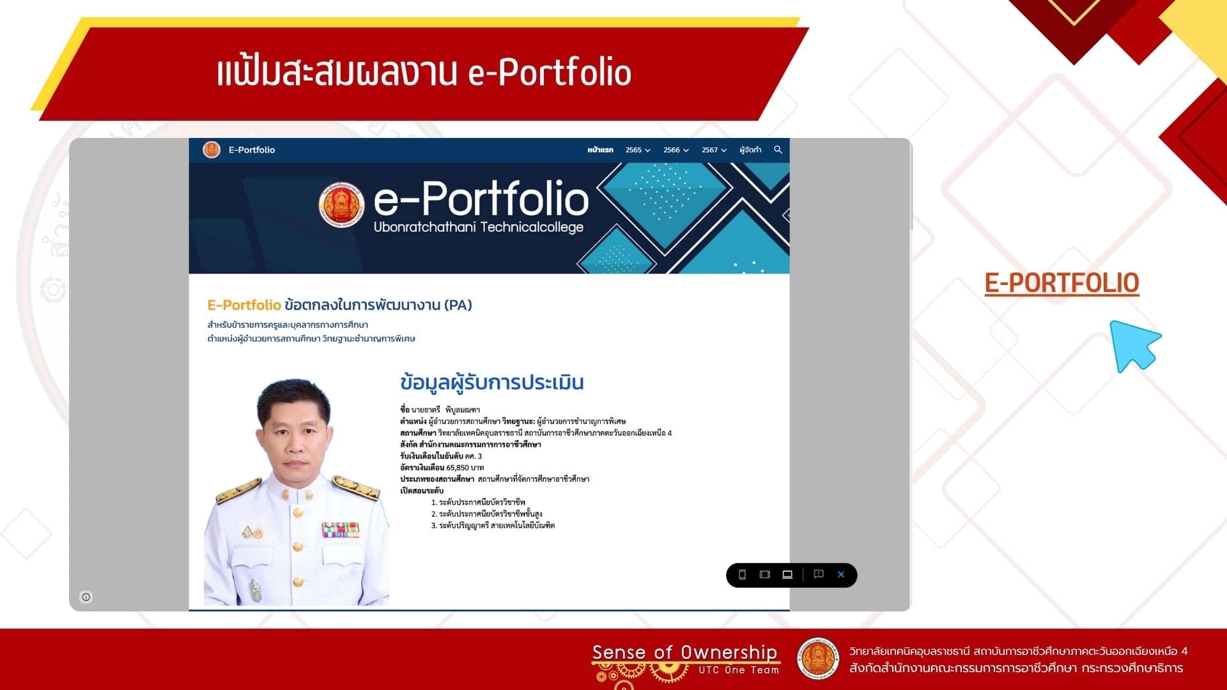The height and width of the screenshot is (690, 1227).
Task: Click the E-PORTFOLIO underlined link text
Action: (1061, 283)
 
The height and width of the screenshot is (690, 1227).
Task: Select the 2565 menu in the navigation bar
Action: (638, 150)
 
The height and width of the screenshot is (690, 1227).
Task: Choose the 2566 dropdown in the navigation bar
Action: (676, 150)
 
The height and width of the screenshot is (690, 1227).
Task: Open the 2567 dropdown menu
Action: (714, 150)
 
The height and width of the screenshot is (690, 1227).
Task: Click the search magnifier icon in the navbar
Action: (778, 149)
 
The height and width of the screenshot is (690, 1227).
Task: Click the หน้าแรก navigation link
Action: (600, 150)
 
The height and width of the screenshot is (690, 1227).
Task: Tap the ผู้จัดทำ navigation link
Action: (750, 150)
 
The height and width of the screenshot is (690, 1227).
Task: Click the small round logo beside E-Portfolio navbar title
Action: (212, 149)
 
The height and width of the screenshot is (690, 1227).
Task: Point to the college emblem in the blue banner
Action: (342, 204)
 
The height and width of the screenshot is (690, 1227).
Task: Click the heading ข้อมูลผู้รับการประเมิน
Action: (492, 382)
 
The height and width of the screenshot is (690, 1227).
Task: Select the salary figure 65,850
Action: (457, 468)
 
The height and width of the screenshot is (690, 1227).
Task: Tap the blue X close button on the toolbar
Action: (841, 574)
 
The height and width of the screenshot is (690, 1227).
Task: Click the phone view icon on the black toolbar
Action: (742, 574)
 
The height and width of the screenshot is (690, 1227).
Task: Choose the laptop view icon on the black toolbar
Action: (787, 574)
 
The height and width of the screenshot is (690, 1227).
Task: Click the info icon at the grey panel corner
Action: (86, 597)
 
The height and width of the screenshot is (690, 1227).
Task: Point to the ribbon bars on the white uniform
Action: (340, 530)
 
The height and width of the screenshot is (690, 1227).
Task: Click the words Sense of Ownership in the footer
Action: (684, 652)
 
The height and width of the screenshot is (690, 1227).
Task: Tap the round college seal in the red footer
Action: (817, 659)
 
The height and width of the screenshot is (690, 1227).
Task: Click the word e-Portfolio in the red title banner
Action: (550, 72)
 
